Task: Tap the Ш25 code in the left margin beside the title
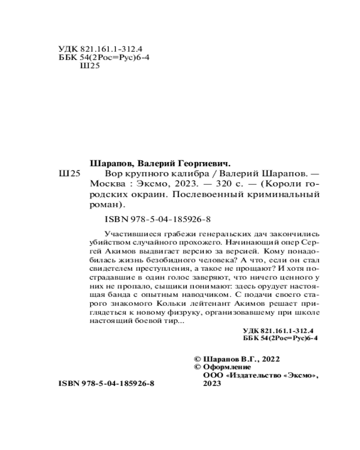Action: [69, 174]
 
